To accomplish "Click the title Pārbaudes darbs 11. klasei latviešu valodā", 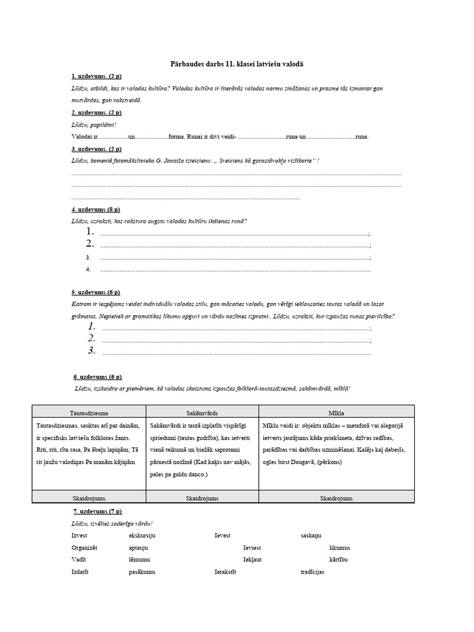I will pos(236,64).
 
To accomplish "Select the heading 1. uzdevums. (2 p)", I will pos(96,76).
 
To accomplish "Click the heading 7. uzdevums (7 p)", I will pos(97,511).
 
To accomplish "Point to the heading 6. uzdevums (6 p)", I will pos(98,376).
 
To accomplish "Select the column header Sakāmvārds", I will pos(202,412).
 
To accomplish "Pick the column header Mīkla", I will pos(337,412).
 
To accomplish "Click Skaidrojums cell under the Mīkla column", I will pos(337,497).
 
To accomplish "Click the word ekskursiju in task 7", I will pos(142,535).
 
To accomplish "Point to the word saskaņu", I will pos(311,535).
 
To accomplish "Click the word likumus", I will pos(339,547).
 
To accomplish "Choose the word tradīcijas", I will pos(312,572).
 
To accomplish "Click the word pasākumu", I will pos(142,572).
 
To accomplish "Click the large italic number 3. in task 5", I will pos(91,351).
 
